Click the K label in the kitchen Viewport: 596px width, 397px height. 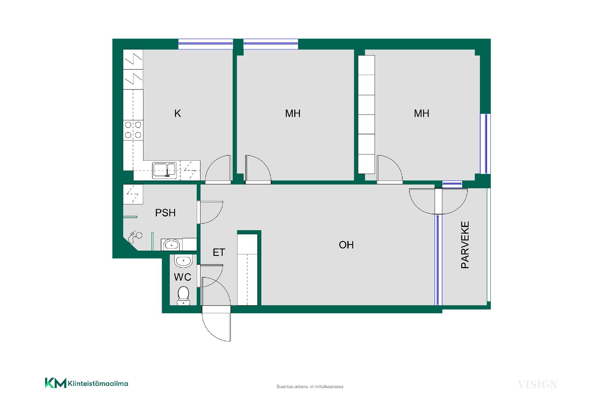pos(178,114)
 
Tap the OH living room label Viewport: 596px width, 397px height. pos(346,245)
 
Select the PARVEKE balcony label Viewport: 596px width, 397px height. pos(465,245)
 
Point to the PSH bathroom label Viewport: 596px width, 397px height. pos(165,213)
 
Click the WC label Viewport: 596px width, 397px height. pos(183,277)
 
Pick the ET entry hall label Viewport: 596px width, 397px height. pos(219,252)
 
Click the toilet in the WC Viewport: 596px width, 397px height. pos(183,296)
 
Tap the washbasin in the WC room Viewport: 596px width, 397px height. pos(184,261)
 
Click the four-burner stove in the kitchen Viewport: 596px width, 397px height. pos(133,130)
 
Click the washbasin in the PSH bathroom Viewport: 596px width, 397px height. pos(171,245)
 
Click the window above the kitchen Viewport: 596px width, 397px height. pos(205,44)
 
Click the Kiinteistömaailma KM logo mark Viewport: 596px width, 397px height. pos(56,383)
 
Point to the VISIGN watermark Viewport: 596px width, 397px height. pos(537,385)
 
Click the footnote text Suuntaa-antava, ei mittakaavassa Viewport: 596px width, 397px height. pos(310,387)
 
